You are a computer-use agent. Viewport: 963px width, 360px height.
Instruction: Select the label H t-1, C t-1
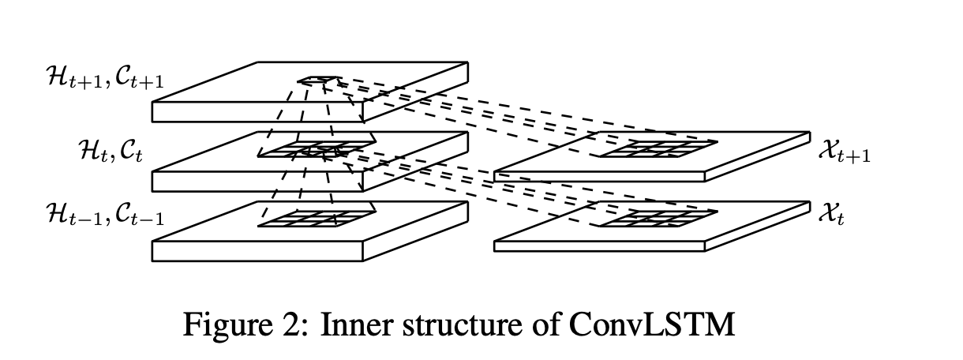(x=105, y=214)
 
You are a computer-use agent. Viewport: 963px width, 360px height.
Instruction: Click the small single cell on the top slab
(x=318, y=80)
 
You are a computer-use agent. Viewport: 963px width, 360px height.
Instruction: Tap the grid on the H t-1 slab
(x=316, y=219)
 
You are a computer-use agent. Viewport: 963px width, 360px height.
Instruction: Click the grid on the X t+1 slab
(x=657, y=148)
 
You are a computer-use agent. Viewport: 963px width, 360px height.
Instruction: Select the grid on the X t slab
(x=657, y=218)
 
